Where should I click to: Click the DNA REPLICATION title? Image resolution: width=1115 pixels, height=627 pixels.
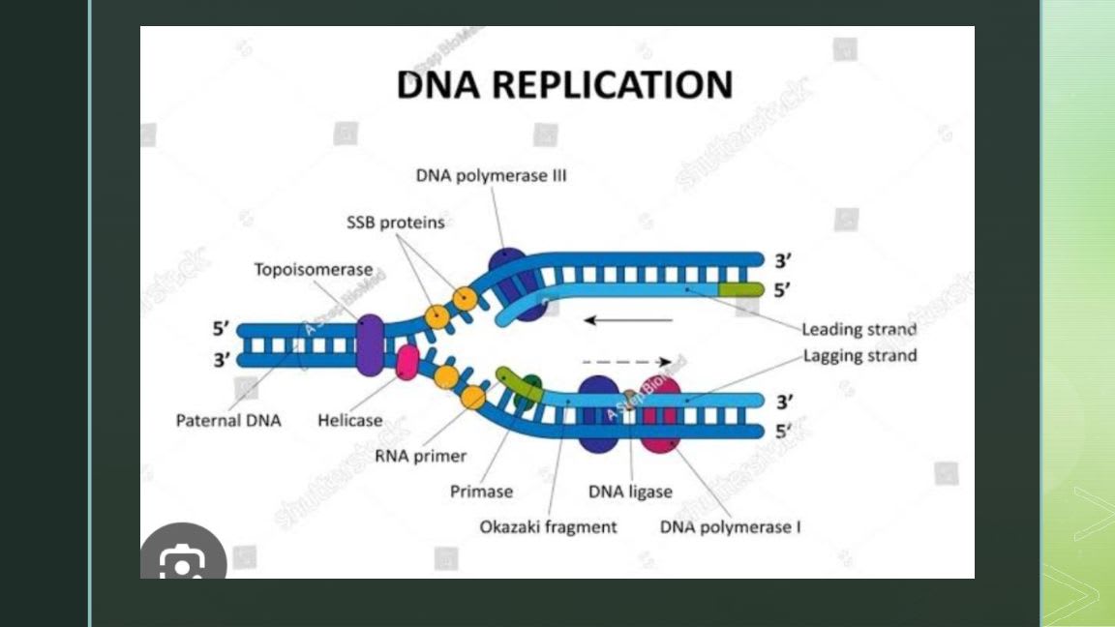(x=563, y=84)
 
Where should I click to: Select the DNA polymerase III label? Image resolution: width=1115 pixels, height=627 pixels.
(x=491, y=176)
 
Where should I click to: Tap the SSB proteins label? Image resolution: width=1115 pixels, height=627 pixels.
(x=395, y=223)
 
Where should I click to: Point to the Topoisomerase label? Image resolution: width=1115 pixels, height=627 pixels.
(x=313, y=269)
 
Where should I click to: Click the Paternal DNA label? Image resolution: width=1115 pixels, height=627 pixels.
(x=228, y=421)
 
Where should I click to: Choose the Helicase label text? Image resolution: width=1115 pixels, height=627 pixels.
(x=349, y=421)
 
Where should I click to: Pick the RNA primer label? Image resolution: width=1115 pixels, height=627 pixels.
(x=421, y=456)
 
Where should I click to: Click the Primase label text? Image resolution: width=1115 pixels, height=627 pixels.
(x=481, y=492)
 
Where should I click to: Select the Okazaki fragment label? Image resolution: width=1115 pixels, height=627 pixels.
(x=548, y=527)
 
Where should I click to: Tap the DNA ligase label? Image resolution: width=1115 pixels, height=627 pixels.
(x=630, y=492)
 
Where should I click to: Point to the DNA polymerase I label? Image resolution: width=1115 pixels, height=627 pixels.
(x=730, y=527)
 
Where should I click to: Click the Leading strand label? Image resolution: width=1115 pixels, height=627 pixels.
(x=859, y=329)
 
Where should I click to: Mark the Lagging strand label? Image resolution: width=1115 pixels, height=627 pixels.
(x=859, y=356)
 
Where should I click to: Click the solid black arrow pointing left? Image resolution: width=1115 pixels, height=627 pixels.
(x=630, y=319)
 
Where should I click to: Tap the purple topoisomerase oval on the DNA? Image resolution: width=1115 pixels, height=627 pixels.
(x=370, y=344)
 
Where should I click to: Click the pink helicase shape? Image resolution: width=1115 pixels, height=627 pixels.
(x=407, y=362)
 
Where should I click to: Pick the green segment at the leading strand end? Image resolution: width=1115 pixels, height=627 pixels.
(x=740, y=289)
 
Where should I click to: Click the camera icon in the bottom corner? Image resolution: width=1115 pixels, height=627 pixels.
(x=183, y=561)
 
